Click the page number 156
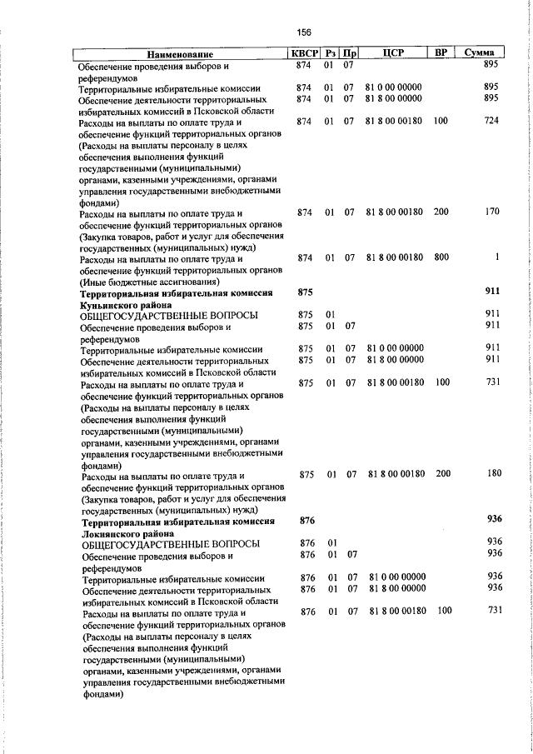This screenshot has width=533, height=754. (303, 32)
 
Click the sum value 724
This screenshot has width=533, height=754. (491, 122)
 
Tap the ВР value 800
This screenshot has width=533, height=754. (441, 257)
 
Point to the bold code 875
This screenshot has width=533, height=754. (305, 293)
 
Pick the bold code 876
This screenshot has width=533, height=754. (306, 519)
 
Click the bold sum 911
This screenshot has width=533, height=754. (491, 293)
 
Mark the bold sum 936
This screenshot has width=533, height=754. (493, 519)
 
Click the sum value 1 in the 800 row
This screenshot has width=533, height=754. (496, 257)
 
